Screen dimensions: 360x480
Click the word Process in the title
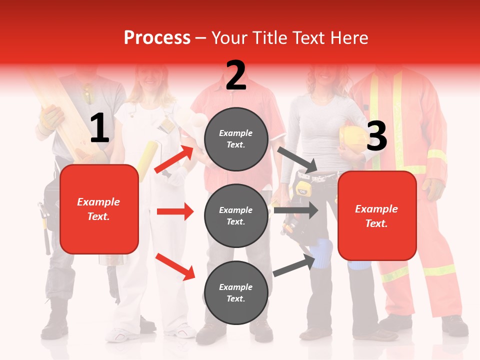point(157,38)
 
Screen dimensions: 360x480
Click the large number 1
point(99,128)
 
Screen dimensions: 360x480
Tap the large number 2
point(236,75)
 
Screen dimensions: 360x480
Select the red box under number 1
point(99,209)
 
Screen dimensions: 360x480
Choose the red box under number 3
point(377,215)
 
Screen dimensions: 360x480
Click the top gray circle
point(236,139)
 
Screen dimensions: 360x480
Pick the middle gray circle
point(236,215)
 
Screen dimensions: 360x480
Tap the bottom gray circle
point(236,292)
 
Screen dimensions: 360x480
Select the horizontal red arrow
point(175,211)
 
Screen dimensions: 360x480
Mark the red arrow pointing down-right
point(175,266)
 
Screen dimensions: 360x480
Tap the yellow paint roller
point(147,154)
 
